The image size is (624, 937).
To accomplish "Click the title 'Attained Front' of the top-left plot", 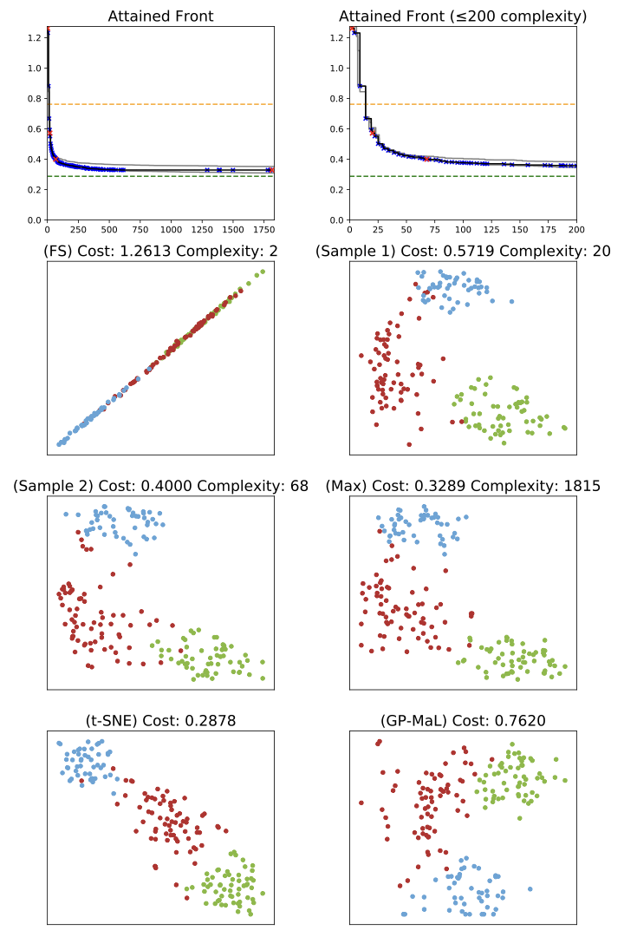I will [x=160, y=16].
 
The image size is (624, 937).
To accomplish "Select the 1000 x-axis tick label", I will [x=172, y=231].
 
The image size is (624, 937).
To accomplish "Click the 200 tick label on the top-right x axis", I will [x=575, y=231].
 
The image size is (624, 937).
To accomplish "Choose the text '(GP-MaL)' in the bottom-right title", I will [x=413, y=720].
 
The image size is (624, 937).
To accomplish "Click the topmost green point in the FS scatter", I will [x=263, y=271].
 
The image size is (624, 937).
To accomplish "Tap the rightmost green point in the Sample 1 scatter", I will [x=565, y=428].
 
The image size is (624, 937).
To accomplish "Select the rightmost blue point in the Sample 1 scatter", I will [x=511, y=302].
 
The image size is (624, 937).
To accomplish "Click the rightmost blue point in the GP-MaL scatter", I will [x=529, y=888].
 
